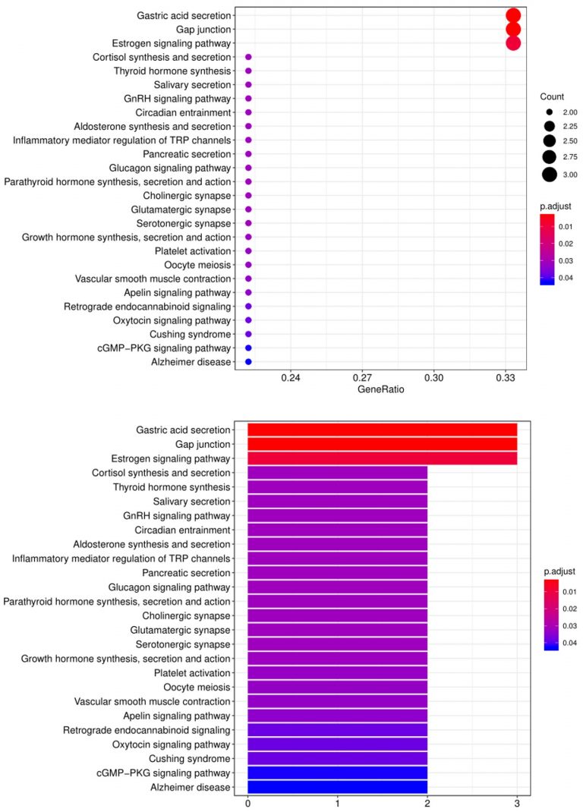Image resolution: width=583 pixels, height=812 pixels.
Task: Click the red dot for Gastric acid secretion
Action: pyautogui.click(x=513, y=15)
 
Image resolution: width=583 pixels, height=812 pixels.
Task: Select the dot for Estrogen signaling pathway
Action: pyautogui.click(x=513, y=43)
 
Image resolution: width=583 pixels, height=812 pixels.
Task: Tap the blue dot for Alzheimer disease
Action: pyautogui.click(x=248, y=362)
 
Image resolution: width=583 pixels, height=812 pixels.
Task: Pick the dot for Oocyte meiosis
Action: pyautogui.click(x=248, y=265)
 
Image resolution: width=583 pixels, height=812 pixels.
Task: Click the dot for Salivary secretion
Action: pyautogui.click(x=248, y=85)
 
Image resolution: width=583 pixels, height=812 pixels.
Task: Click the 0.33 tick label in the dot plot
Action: pyautogui.click(x=506, y=378)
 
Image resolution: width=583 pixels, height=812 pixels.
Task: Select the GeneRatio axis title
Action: pyautogui.click(x=381, y=389)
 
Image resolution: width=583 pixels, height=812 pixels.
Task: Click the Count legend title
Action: pyautogui.click(x=552, y=97)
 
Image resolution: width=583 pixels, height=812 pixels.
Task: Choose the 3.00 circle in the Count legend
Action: pyautogui.click(x=550, y=175)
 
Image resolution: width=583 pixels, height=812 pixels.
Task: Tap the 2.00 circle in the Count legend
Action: pyautogui.click(x=550, y=112)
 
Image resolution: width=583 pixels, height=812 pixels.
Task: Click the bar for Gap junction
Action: pyautogui.click(x=383, y=444)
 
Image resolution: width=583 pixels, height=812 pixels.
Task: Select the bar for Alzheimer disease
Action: pyautogui.click(x=337, y=787)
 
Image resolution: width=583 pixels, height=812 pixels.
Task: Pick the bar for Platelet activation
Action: pyautogui.click(x=337, y=672)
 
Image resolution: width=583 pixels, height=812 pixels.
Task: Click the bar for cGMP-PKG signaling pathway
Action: pyautogui.click(x=337, y=773)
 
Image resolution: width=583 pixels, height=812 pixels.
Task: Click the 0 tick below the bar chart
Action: pyautogui.click(x=248, y=804)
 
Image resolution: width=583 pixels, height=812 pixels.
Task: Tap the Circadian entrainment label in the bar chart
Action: pyautogui.click(x=182, y=530)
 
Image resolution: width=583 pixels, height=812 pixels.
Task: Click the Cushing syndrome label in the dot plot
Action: pyautogui.click(x=191, y=335)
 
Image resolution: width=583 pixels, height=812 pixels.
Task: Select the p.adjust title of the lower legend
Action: pyautogui.click(x=559, y=571)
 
